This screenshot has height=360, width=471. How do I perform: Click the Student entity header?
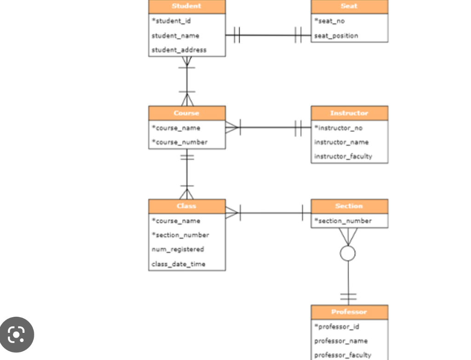187,6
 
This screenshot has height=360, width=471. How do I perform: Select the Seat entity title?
349,6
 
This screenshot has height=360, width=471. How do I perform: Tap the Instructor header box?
349,113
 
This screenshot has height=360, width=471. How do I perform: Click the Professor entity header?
349,312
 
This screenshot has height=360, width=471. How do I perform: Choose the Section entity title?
349,206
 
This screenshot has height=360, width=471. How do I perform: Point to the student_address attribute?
179,50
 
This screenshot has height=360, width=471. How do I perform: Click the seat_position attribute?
336,36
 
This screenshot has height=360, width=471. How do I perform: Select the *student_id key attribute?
171,21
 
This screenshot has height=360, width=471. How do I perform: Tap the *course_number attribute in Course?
179,142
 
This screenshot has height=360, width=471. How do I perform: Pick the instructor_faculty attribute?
343,156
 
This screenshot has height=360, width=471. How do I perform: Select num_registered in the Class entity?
178,249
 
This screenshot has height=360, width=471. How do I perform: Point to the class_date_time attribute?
178,264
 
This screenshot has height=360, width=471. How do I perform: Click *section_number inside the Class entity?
180,235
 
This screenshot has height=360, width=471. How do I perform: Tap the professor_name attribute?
341,341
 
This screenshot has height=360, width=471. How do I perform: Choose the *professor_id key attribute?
336,326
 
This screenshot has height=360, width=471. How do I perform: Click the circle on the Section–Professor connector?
348,253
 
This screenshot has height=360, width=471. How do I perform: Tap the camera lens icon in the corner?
17,334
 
